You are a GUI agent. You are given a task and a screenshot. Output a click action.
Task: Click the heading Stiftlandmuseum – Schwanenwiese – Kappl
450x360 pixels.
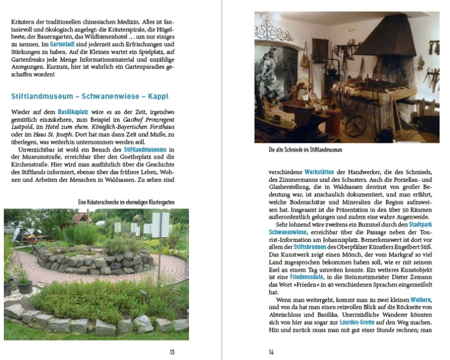(90, 96)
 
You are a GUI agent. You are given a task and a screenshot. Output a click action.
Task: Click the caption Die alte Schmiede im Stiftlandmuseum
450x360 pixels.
(305, 150)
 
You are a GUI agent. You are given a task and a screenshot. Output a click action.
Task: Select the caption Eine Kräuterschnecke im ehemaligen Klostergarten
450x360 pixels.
(126, 202)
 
